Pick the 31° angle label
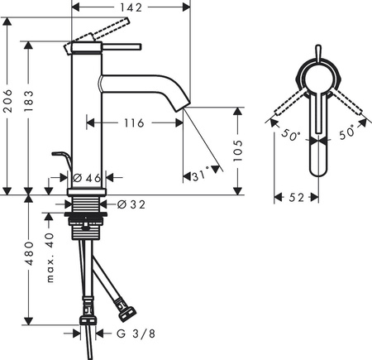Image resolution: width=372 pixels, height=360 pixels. [x=198, y=175]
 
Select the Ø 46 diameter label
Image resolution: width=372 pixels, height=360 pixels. [x=85, y=178]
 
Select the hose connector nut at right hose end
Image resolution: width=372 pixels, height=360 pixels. [x=128, y=313]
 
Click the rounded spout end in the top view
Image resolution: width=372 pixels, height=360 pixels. [x=318, y=170]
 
